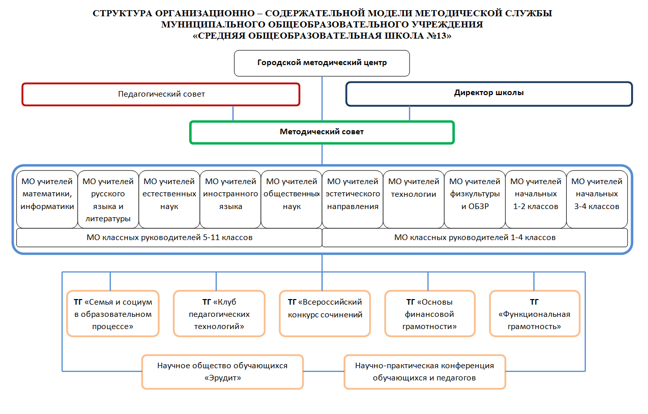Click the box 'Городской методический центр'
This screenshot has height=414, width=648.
[321, 63]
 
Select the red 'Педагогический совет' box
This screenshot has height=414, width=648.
[161, 94]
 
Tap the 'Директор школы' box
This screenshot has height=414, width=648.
[489, 94]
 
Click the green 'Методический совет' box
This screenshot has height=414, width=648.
[321, 132]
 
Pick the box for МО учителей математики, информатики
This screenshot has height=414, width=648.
[47, 199]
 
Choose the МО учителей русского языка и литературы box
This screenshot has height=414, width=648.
[108, 199]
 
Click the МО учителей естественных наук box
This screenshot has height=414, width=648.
[169, 199]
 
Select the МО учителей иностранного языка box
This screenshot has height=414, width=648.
[230, 199]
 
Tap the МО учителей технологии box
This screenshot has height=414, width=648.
[414, 199]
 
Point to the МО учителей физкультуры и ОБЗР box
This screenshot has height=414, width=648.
[475, 199]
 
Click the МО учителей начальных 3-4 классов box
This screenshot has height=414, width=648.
[597, 199]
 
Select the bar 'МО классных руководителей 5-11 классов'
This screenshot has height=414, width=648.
[169, 238]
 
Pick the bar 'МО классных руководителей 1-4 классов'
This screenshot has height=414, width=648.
[475, 238]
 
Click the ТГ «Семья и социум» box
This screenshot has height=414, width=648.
[113, 314]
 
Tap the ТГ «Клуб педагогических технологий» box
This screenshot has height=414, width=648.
[219, 314]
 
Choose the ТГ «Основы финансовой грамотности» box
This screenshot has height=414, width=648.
[430, 314]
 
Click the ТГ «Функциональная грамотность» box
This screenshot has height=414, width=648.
[534, 314]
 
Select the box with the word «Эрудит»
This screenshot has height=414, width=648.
[222, 372]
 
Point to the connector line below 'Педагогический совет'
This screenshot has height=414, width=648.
[233, 113]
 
